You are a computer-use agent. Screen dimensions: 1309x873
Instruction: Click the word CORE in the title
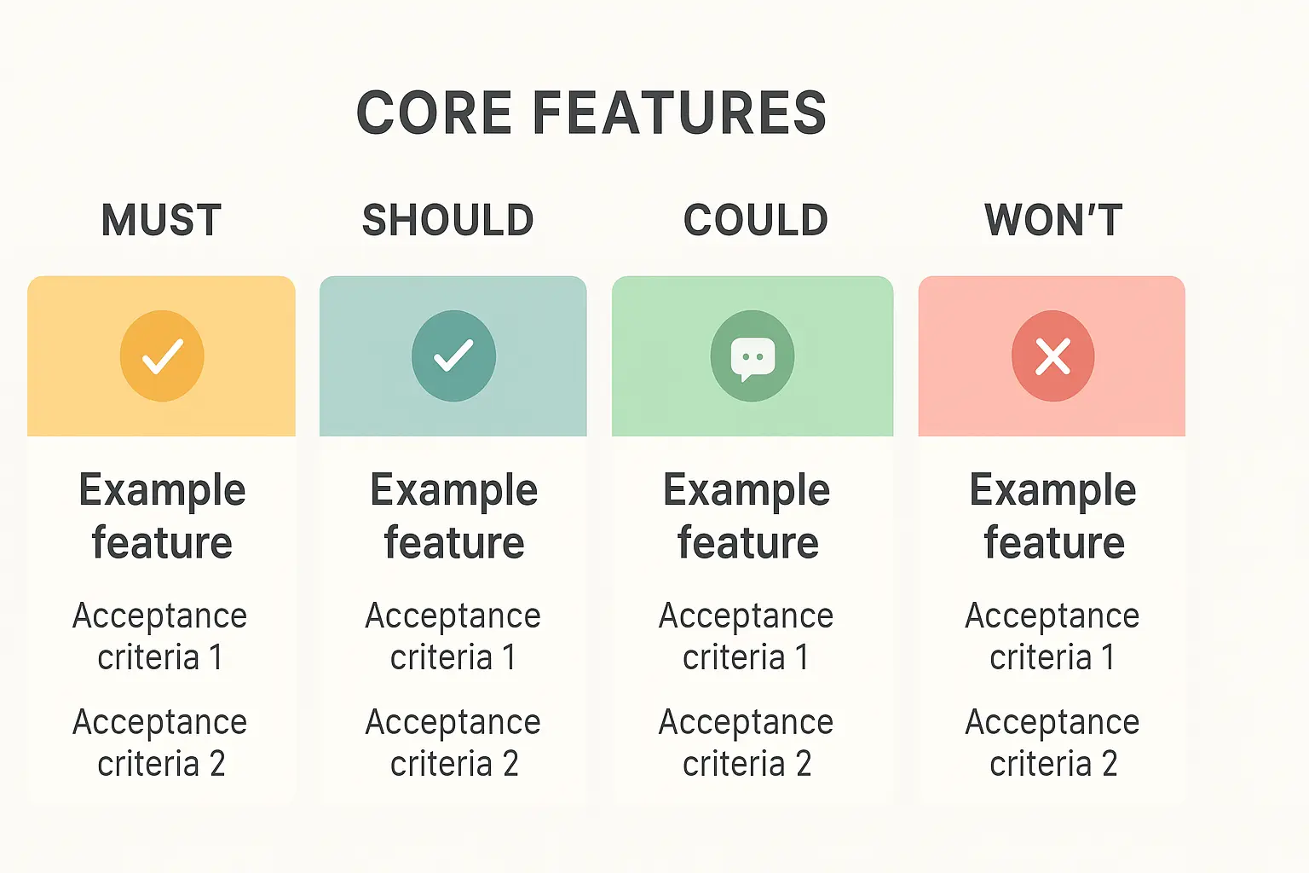pos(435,113)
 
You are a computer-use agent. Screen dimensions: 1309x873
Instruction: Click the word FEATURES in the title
pos(679,113)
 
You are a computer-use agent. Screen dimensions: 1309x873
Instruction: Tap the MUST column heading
pos(161,220)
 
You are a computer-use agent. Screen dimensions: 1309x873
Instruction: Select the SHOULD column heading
pos(448,220)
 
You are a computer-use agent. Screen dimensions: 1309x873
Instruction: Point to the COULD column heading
pos(756,220)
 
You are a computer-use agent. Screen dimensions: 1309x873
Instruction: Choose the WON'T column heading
pos(1053,220)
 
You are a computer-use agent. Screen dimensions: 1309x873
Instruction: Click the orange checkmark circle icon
pos(162,356)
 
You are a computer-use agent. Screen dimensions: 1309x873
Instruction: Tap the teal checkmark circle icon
pos(453,356)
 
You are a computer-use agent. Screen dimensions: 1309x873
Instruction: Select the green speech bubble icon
pos(753,356)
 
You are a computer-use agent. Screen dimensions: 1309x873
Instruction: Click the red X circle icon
pos(1053,356)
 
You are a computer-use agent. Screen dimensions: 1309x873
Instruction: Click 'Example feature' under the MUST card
pos(162,517)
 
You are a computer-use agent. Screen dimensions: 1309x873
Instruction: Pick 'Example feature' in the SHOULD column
pos(454,517)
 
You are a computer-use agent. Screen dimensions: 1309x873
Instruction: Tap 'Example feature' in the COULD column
pos(747,517)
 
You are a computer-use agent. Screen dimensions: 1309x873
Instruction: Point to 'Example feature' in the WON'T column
pos(1053,517)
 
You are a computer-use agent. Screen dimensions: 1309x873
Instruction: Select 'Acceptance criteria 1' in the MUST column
pos(159,636)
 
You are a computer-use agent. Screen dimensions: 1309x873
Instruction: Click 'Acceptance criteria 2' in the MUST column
pos(159,743)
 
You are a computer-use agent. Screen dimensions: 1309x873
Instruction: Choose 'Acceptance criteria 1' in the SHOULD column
pos(453,636)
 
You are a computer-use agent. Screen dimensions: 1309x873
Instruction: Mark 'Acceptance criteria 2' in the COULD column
pos(747,743)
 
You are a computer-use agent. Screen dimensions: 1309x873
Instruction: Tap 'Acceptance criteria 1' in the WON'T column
pos(1052,636)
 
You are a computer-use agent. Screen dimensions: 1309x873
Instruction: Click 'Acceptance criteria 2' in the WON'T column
pos(1052,743)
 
